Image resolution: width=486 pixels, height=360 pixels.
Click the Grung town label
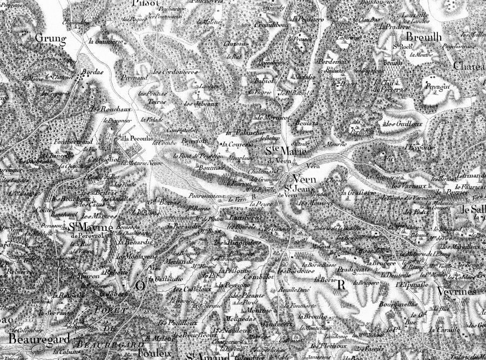50,39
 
